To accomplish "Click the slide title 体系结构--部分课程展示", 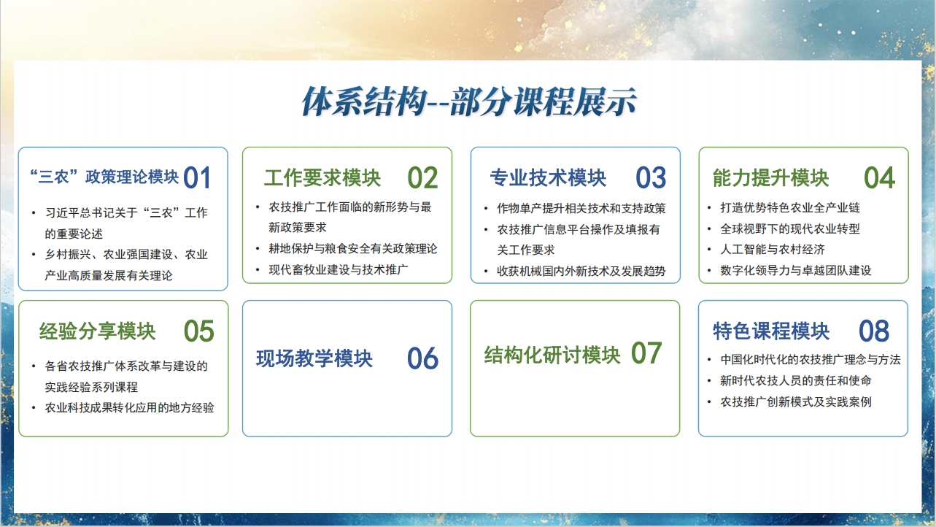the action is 469,101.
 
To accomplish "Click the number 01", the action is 197,178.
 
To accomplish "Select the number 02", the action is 422,178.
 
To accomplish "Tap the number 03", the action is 651,178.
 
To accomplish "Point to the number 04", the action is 879,178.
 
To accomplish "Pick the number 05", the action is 199,331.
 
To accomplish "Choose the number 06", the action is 422,358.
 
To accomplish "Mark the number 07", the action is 646,353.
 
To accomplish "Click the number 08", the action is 874,331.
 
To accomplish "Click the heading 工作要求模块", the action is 322,178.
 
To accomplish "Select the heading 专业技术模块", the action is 548,178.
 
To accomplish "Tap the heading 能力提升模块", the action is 771,178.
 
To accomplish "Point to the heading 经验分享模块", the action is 97,331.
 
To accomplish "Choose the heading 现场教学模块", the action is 314,358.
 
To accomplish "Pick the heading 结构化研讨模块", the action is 552,355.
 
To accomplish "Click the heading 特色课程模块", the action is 771,331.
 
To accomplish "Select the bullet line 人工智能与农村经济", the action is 772,250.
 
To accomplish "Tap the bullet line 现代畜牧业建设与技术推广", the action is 339,269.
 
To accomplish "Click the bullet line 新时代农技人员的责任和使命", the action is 796,381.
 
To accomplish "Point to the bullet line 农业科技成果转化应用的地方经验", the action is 130,408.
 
